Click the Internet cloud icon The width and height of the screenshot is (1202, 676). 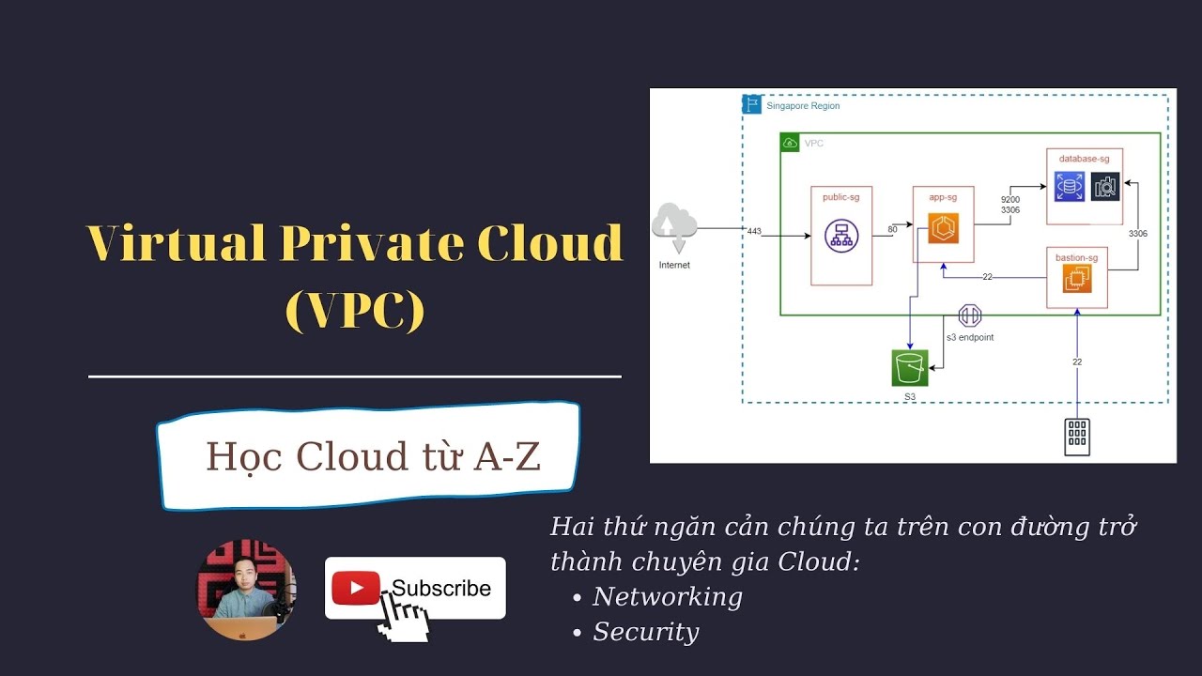[x=674, y=226]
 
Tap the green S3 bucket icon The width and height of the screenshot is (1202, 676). [x=909, y=367]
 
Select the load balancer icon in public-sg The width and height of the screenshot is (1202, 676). [x=840, y=236]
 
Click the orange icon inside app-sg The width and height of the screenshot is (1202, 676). [x=943, y=228]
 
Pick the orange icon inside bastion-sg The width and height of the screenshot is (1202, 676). [x=1076, y=279]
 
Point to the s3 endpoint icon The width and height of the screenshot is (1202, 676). [x=969, y=316]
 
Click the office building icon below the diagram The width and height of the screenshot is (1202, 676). [x=1077, y=437]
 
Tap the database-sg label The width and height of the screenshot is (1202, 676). [x=1084, y=159]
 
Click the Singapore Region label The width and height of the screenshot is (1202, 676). [x=803, y=106]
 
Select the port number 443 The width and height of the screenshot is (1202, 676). [x=754, y=230]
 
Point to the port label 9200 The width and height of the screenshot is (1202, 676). [x=1010, y=199]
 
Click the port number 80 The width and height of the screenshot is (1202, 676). [x=893, y=229]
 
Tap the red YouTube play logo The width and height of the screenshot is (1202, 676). [x=355, y=589]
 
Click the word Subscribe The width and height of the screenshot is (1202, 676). [x=441, y=589]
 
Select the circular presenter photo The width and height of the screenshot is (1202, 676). [x=246, y=590]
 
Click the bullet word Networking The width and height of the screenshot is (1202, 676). [x=667, y=596]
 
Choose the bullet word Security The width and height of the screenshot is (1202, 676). [x=646, y=632]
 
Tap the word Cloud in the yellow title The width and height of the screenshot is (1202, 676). [x=549, y=243]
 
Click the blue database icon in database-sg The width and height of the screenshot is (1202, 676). [x=1069, y=187]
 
